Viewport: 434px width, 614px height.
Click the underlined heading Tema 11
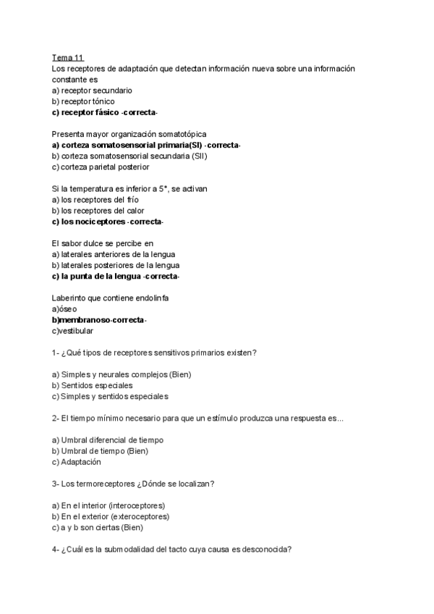[x=67, y=57]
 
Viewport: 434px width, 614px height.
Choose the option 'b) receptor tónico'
[x=83, y=101]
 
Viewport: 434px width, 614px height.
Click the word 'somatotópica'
[x=182, y=134]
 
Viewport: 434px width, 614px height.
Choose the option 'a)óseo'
[x=64, y=308]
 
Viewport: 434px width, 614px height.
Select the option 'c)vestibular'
[x=72, y=331]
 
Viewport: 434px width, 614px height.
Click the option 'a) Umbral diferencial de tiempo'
[x=108, y=440]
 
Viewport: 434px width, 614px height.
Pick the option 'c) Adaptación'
[x=77, y=462]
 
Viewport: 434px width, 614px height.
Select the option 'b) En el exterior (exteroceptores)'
[x=111, y=516]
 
